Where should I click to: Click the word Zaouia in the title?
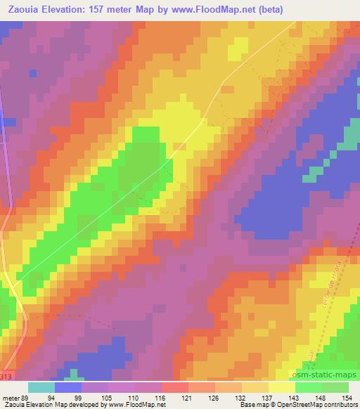pyautogui.click(x=22, y=8)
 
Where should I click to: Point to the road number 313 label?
pyautogui.click(x=6, y=377)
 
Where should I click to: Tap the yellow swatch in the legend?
pyautogui.click(x=282, y=387)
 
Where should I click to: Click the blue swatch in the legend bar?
pyautogui.click(x=67, y=387)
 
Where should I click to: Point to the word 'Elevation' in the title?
pyautogui.click(x=63, y=8)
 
